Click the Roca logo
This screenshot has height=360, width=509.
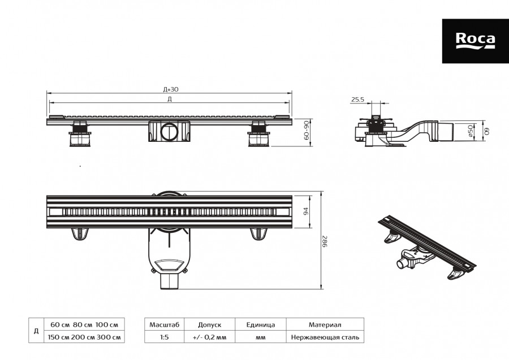[x=475, y=40]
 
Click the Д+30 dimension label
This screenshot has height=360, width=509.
[x=171, y=89]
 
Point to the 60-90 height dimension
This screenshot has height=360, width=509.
[x=307, y=131]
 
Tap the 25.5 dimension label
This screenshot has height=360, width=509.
[x=357, y=99]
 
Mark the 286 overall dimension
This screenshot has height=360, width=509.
[x=326, y=241]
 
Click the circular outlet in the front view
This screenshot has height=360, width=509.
[x=169, y=133]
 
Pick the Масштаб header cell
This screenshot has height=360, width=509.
[x=164, y=325]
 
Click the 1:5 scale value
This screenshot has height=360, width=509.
[x=164, y=337]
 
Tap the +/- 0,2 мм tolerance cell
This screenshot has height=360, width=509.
[x=209, y=337]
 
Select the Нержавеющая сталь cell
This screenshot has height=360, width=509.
[x=325, y=337]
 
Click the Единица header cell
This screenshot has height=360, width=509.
[x=261, y=325]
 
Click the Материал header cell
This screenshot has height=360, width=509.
[x=325, y=325]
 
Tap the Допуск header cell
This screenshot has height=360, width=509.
[x=209, y=325]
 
